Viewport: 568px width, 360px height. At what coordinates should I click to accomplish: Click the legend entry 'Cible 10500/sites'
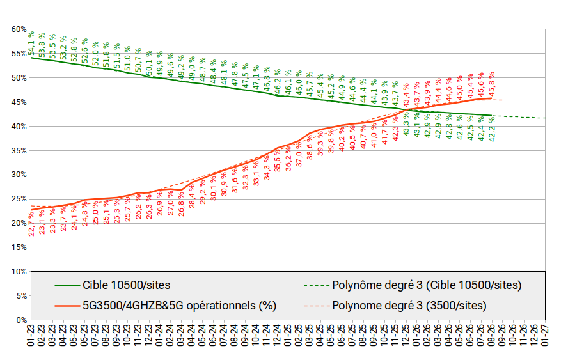click(127, 285)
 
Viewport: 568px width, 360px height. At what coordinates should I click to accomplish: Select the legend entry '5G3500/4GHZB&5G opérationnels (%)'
click(179, 306)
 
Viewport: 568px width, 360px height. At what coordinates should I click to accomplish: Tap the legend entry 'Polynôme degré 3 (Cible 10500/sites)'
click(427, 285)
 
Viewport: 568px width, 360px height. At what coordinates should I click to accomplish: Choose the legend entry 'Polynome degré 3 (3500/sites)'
click(409, 306)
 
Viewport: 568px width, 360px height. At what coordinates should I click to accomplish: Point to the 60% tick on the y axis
click(19, 29)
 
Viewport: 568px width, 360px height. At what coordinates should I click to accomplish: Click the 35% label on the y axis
click(19, 151)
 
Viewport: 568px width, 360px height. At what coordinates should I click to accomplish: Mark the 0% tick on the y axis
click(21, 320)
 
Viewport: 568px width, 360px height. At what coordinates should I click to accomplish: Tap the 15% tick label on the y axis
click(19, 247)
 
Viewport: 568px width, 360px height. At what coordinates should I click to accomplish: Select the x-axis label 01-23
click(31, 335)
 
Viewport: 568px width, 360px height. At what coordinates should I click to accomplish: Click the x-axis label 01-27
click(545, 335)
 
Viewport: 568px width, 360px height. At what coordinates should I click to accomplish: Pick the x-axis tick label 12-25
click(406, 335)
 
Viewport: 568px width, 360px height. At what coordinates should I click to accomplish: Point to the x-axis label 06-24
click(213, 335)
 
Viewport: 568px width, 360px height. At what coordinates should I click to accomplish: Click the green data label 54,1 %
click(31, 43)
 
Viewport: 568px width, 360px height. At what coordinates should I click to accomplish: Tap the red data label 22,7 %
click(31, 224)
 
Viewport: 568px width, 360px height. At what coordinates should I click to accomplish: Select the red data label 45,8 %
click(492, 84)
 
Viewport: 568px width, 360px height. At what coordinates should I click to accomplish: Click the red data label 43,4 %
click(406, 95)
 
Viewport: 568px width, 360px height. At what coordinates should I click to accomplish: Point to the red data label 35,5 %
click(278, 160)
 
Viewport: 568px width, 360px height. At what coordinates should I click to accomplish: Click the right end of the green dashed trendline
click(545, 118)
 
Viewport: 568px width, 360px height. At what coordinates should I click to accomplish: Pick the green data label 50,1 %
click(149, 63)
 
